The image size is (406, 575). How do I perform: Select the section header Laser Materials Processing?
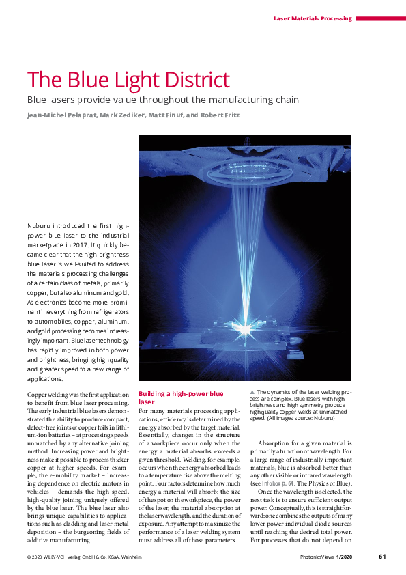pos(313,18)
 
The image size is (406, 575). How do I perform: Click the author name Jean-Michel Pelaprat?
pos(59,115)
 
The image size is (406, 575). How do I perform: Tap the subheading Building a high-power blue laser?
pos(181,397)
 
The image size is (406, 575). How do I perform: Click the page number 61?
pos(382,556)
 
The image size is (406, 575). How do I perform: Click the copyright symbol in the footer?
pos(29,557)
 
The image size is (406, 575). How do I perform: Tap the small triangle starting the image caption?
pos(252,392)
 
